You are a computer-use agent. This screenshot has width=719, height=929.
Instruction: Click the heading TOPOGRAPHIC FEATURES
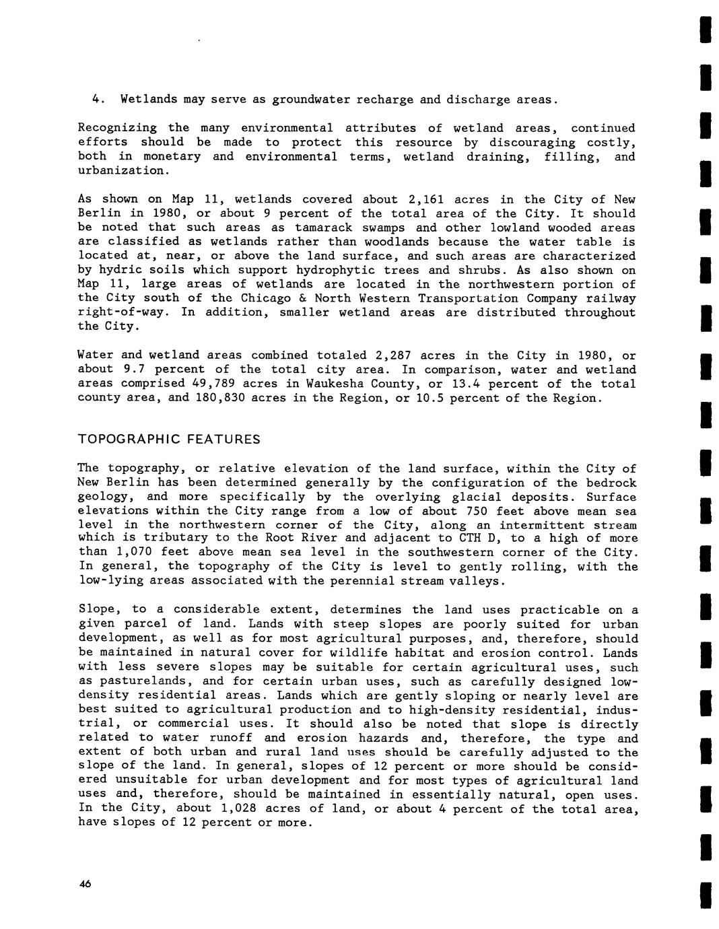point(169,440)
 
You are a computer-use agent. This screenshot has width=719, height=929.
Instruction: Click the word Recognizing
point(117,128)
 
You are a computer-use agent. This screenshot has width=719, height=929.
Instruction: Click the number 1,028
point(245,808)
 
